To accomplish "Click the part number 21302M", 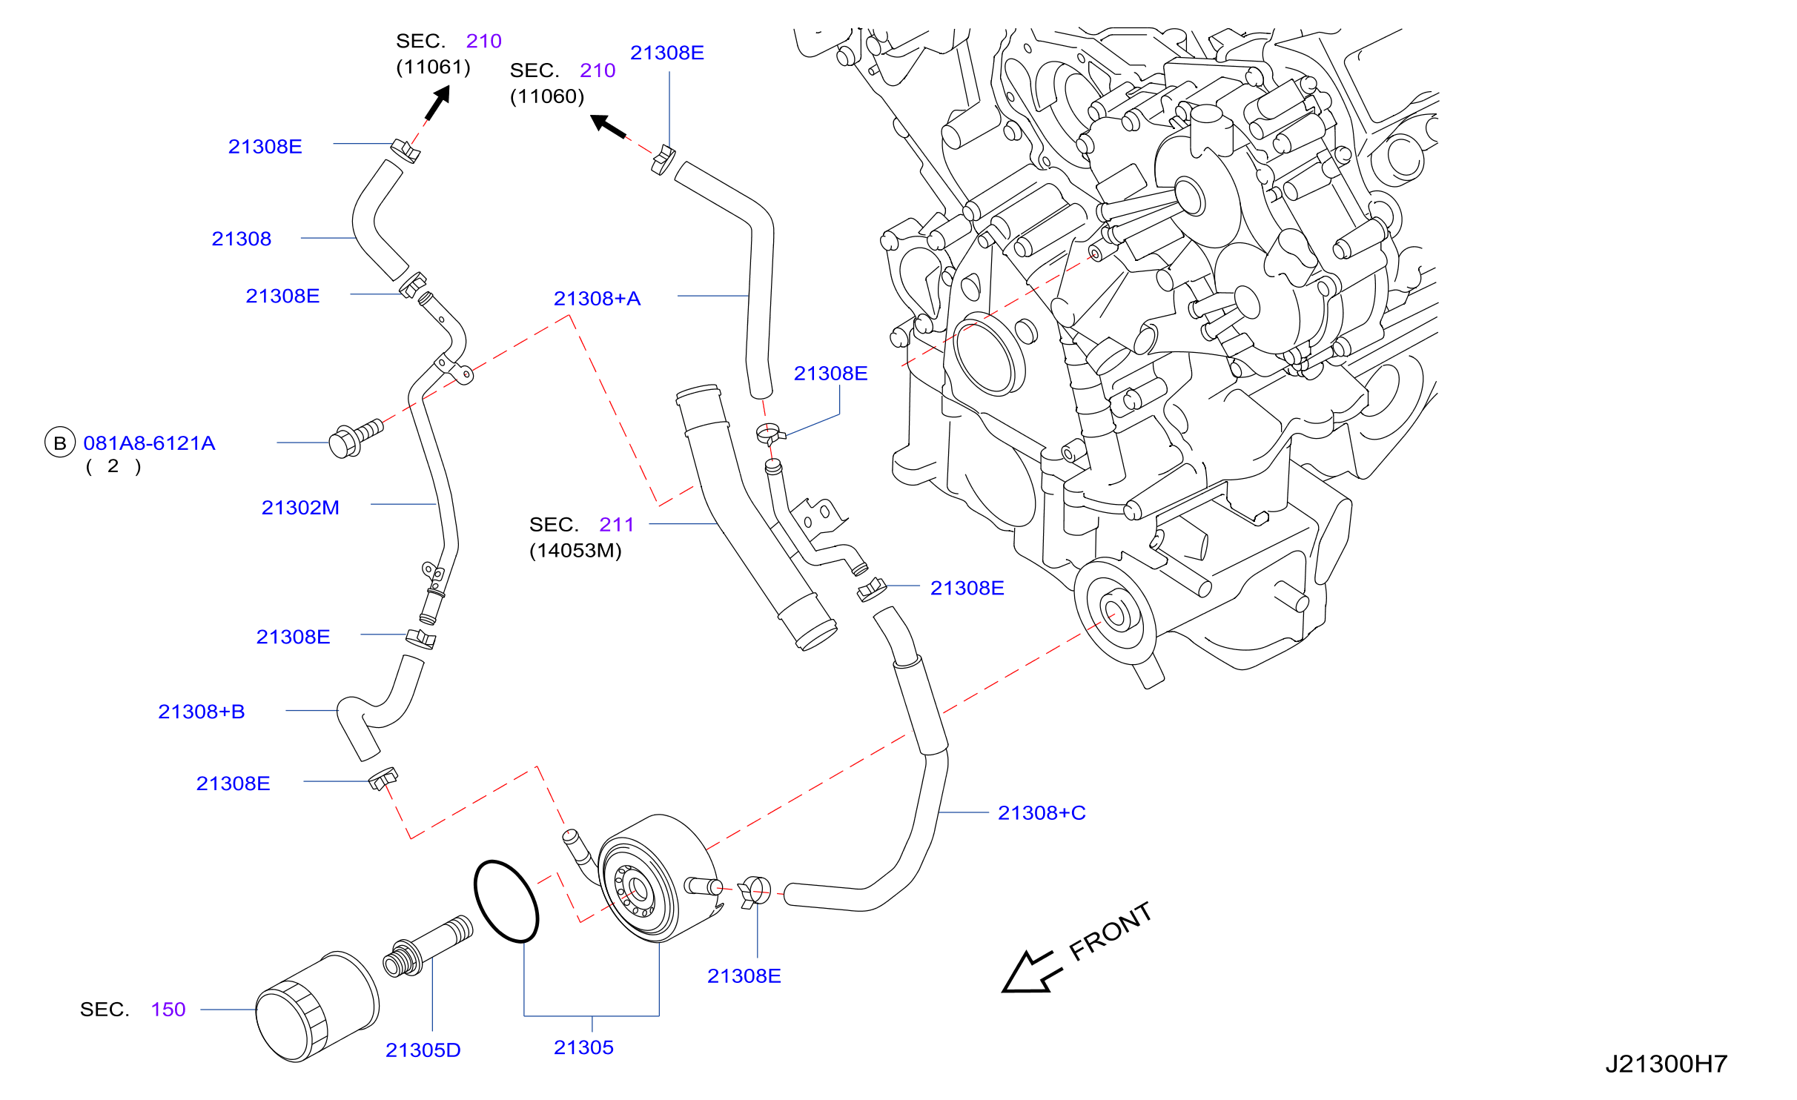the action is pos(300,508).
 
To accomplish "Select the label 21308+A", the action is pos(597,299).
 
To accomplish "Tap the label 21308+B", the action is pos(202,712).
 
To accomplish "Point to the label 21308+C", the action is pos(1042,813).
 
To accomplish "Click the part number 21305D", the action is pos(423,1050).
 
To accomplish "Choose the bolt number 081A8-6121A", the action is pos(149,443).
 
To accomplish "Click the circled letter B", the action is pos(60,443).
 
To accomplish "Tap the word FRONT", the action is pos(1111,932).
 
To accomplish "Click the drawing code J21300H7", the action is pos(1667,1064).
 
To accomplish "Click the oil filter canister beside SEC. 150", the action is pos(317,1007).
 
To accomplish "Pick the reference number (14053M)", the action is pos(575,551).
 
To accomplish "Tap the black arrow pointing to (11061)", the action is pos(438,102).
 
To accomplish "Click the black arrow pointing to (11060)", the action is pos(608,126).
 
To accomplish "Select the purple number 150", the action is pos(168,1010).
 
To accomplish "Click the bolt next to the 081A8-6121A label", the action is pos(356,439).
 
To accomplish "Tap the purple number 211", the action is pos(617,525).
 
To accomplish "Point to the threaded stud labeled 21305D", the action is pos(428,947).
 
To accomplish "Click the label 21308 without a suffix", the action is pos(242,239).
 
